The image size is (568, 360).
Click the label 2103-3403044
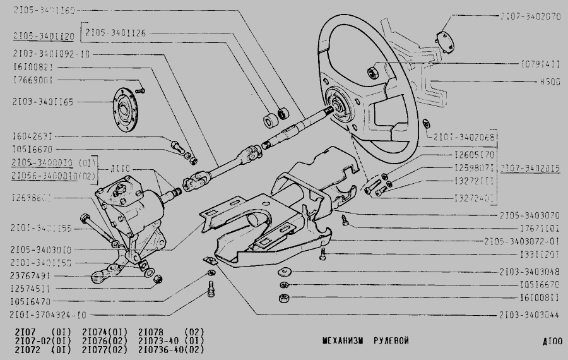530,314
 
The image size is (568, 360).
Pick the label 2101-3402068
462,136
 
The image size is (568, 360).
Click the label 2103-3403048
529,272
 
